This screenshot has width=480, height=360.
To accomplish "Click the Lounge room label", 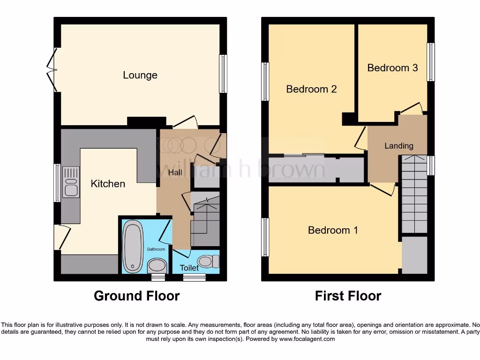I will click(140, 75).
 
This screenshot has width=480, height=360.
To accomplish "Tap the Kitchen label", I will click(108, 183).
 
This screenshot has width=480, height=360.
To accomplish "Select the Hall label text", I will click(175, 172).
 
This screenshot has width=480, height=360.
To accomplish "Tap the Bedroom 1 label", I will click(333, 230).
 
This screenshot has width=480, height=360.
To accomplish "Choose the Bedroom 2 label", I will click(311, 89).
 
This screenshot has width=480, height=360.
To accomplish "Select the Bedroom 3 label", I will click(392, 67).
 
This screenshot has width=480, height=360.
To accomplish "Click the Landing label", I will click(399, 146).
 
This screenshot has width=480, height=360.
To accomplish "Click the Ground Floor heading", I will click(136, 296).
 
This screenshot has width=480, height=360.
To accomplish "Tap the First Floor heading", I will click(348, 296).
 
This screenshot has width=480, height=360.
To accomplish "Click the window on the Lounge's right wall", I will click(224, 74).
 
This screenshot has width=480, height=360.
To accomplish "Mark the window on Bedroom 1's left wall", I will click(265, 237).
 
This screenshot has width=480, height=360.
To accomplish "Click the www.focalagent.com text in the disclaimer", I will click(307, 339).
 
